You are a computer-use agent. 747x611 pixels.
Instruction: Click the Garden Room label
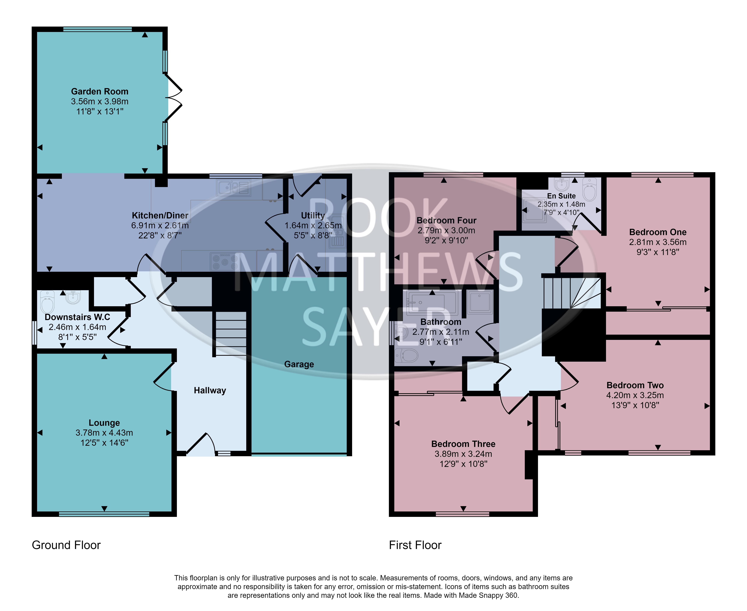pyautogui.click(x=100, y=92)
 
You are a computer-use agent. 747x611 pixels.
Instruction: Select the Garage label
pyautogui.click(x=299, y=364)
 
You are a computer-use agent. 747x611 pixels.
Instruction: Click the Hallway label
pyautogui.click(x=210, y=390)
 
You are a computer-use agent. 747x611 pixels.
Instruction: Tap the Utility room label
pyautogui.click(x=313, y=215)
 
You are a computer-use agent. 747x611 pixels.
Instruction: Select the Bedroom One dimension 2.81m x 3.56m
pyautogui.click(x=658, y=242)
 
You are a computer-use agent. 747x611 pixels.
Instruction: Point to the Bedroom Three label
pyautogui.click(x=463, y=444)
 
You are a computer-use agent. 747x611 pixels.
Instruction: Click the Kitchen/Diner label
pyautogui.click(x=160, y=215)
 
